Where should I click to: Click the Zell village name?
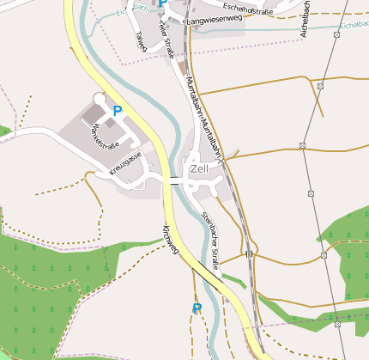[x=199, y=169]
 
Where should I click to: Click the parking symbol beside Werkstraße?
[x=118, y=111]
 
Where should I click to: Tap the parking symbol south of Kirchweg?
[x=197, y=308]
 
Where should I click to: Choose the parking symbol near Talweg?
[x=162, y=4]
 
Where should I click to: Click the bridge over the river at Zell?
[x=175, y=180]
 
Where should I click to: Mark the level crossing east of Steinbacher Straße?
[x=249, y=254]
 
